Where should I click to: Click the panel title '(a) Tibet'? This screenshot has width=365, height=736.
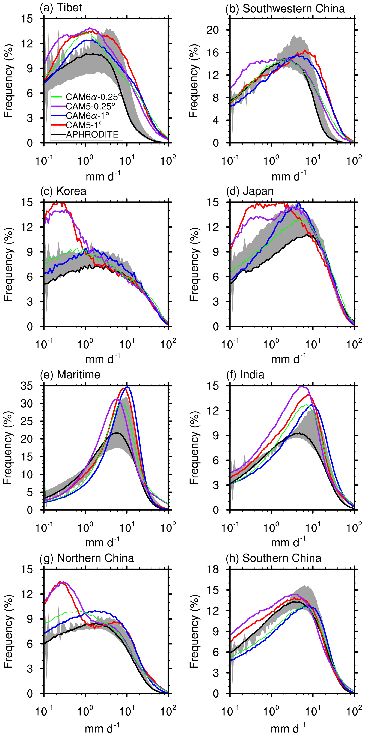tap(61, 8)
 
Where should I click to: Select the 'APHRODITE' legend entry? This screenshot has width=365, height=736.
tap(92, 134)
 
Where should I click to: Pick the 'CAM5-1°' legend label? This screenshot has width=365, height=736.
tap(84, 125)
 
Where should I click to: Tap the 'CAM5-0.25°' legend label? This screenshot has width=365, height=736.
tap(90, 106)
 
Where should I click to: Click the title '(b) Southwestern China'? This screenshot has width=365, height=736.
tap(285, 9)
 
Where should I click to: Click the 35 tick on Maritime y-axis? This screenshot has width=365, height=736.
tap(27, 386)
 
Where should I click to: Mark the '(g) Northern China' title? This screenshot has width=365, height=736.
tap(87, 558)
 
